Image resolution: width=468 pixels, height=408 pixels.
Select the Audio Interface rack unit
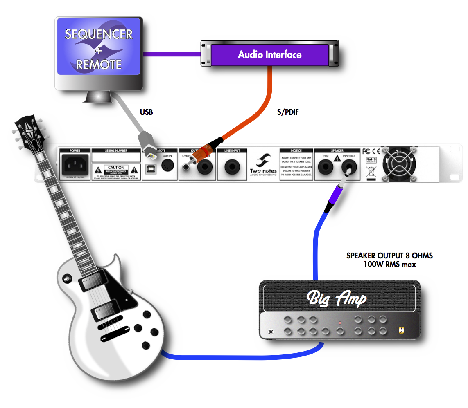(270, 55)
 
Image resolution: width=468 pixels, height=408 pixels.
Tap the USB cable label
(146, 112)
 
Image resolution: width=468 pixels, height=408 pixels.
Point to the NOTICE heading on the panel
(296, 151)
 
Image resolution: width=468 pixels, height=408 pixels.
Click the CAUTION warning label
(116, 168)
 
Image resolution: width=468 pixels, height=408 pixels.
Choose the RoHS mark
(370, 159)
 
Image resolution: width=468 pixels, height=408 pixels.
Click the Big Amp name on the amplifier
(337, 299)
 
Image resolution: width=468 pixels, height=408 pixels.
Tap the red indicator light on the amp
(340, 323)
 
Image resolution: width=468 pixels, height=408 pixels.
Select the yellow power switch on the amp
(401, 330)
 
